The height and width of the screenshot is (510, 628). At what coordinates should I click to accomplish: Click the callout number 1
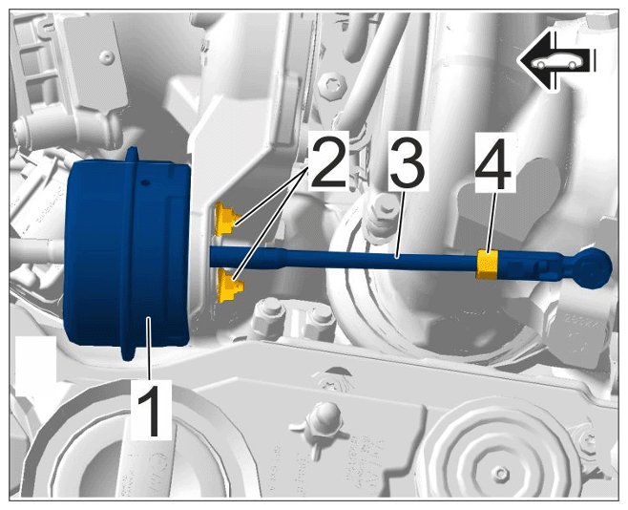151,410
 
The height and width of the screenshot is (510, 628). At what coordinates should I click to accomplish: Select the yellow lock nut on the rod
487,265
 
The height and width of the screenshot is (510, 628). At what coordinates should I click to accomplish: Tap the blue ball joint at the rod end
595,267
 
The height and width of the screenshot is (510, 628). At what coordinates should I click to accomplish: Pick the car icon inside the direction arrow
555,62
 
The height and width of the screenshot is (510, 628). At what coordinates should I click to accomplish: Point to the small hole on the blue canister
145,182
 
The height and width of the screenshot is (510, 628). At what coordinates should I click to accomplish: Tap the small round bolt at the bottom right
499,475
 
